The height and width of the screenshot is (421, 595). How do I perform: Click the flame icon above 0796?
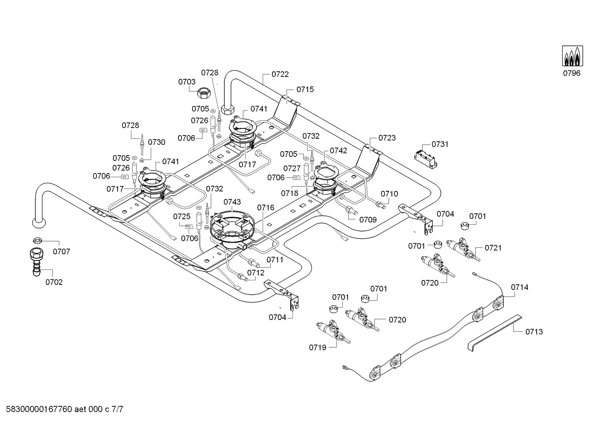[572, 56]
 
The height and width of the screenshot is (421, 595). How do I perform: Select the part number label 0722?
[280, 74]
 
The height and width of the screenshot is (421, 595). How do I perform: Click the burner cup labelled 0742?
[325, 174]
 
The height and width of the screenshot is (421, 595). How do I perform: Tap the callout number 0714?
[519, 287]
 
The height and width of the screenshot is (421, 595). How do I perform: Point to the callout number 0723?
[387, 138]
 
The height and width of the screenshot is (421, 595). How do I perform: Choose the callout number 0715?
[305, 90]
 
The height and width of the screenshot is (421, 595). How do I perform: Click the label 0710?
[389, 194]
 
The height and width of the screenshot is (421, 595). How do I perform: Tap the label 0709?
[368, 220]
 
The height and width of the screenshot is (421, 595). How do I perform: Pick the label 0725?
[182, 217]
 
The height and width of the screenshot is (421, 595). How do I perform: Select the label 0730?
[157, 142]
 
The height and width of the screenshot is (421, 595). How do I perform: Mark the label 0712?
[256, 273]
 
